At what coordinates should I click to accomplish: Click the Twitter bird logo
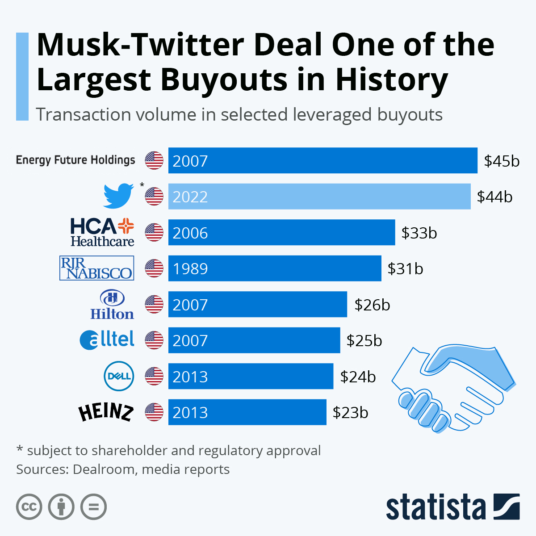pos(118,196)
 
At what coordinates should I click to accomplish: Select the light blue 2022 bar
pos(319,197)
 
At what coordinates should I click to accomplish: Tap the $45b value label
pos(502,161)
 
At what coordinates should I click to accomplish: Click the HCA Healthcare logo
pos(102,232)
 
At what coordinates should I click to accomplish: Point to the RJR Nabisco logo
pos(96,268)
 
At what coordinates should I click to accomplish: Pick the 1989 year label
pos(190,269)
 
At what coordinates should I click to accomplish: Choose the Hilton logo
pos(112,305)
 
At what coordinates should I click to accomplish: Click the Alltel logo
pos(107,340)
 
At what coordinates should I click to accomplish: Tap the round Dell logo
pos(118,376)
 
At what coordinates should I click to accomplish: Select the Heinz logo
pos(106,412)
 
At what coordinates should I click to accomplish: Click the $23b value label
pos(350,412)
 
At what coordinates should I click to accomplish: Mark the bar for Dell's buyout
pos(251,376)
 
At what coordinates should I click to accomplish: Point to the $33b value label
pos(419,233)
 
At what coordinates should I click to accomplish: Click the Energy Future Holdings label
pos(75,160)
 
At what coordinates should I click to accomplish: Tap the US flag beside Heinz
pos(154,412)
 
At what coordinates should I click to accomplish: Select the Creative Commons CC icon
pos(29,507)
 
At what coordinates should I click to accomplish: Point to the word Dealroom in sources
pos(103,469)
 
